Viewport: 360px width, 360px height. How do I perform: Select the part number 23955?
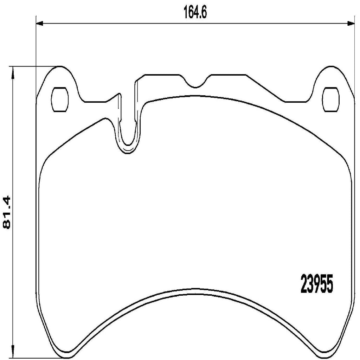pyautogui.click(x=316, y=285)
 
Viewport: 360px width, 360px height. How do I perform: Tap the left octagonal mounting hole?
pyautogui.click(x=60, y=99)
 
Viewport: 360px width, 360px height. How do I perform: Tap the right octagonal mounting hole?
pyautogui.click(x=331, y=99)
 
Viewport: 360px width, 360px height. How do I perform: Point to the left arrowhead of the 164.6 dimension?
pyautogui.click(x=39, y=24)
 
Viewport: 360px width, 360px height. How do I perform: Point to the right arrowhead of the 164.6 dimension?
pyautogui.click(x=351, y=24)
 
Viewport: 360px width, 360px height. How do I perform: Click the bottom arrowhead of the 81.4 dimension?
pyautogui.click(x=13, y=353)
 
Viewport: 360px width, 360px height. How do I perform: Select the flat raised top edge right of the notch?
pyautogui.click(x=227, y=75)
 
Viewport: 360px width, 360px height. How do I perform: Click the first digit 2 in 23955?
pyautogui.click(x=304, y=285)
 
